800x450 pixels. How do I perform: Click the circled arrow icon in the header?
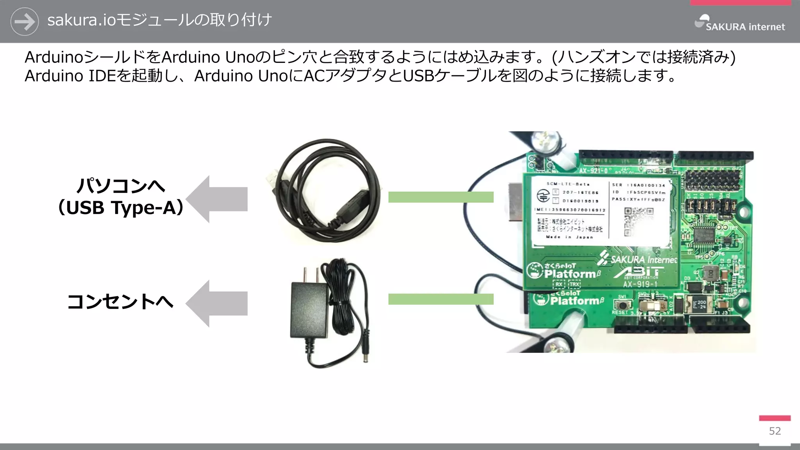point(24,21)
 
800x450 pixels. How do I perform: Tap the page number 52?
point(775,431)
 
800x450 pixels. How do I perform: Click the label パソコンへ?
point(121,185)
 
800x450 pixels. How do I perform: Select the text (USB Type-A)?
point(121,207)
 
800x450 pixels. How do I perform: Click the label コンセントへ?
point(120,302)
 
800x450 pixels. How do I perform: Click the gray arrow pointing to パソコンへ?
point(217,199)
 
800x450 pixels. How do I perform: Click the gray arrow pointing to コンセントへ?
point(217,304)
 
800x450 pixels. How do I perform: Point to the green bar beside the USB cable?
point(441,197)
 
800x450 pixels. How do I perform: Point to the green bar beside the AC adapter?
point(441,299)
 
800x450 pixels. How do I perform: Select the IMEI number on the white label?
point(570,210)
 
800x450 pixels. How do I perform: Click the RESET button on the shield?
point(622,305)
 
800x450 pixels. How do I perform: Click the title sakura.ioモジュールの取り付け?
point(159,20)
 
